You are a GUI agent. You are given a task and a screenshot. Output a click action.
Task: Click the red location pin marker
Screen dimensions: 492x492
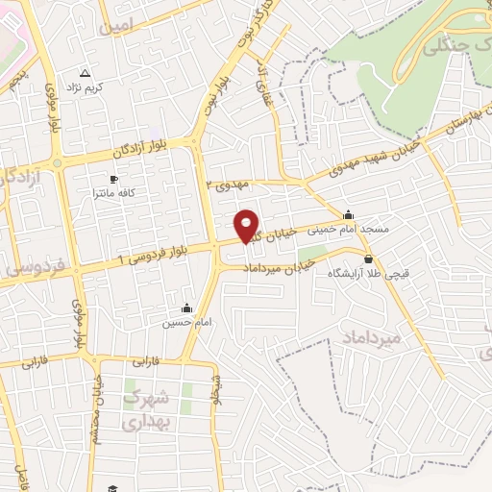click(x=247, y=225)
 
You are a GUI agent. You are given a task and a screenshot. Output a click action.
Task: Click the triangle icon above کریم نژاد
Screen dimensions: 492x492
click(x=85, y=73)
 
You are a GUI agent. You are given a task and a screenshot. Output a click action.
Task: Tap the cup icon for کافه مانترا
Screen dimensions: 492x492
click(x=114, y=179)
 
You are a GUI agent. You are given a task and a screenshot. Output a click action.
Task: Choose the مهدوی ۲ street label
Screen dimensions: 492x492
click(x=228, y=184)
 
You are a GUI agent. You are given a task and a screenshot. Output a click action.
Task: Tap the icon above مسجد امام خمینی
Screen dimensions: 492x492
click(x=348, y=215)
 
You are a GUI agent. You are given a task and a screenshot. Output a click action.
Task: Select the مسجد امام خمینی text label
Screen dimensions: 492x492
click(x=347, y=231)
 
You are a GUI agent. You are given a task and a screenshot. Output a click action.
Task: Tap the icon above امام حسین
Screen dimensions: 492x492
click(x=186, y=308)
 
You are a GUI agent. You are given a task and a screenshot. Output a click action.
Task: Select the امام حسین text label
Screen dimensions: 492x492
click(x=182, y=324)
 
